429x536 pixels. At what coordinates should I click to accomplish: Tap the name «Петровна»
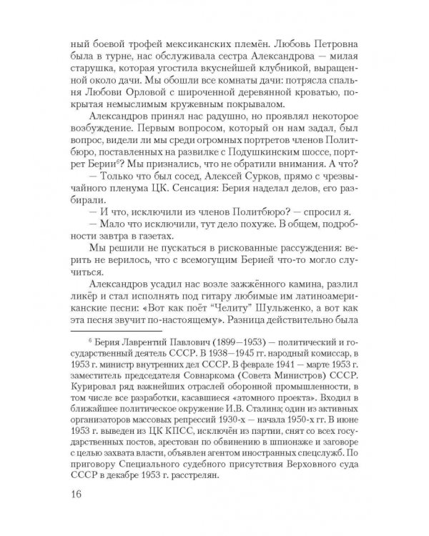click(331, 38)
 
